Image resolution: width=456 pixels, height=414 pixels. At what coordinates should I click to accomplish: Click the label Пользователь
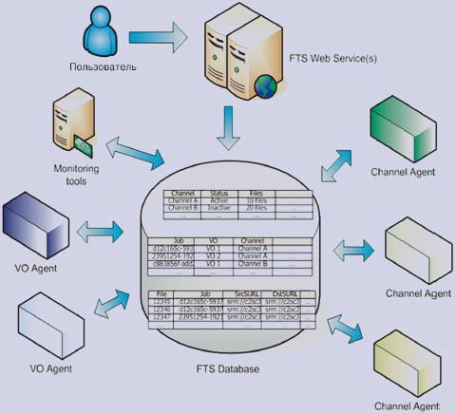point(102,67)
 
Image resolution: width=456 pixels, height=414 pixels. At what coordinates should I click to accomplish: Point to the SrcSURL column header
point(244,294)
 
